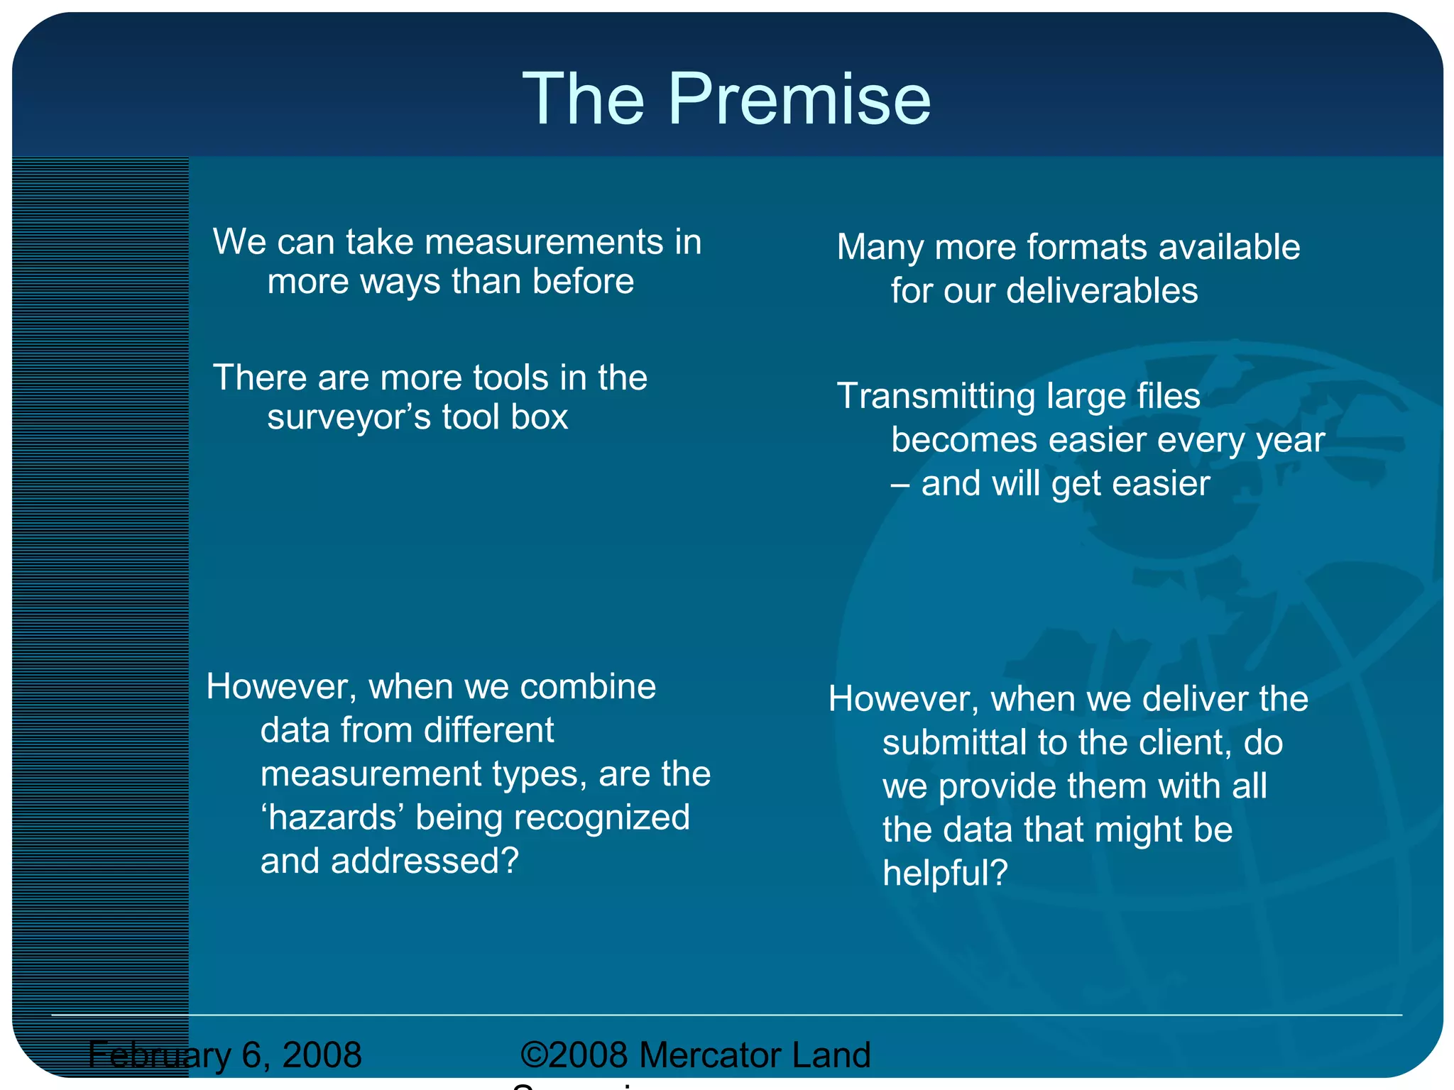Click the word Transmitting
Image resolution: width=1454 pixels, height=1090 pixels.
pyautogui.click(x=937, y=396)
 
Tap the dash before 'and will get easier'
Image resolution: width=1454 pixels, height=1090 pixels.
pyautogui.click(x=900, y=485)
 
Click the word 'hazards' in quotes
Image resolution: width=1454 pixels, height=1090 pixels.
pyautogui.click(x=333, y=817)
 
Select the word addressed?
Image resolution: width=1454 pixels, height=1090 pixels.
pyautogui.click(x=425, y=861)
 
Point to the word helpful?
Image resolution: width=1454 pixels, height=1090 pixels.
pyautogui.click(x=944, y=874)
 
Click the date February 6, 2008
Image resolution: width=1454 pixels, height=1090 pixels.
pyautogui.click(x=225, y=1055)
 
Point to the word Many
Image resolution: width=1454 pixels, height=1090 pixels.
pyautogui.click(x=880, y=248)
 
